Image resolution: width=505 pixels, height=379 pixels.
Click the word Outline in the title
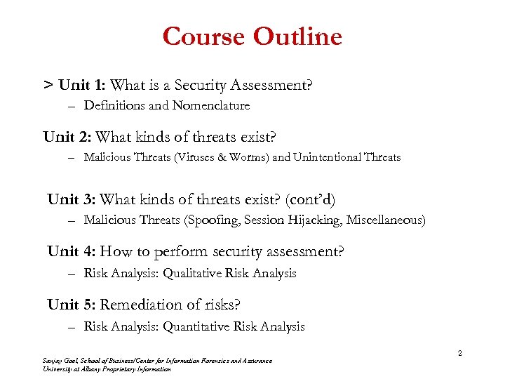(297, 36)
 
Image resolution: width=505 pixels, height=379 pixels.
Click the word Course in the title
(204, 36)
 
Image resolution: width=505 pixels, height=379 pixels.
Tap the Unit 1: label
(83, 86)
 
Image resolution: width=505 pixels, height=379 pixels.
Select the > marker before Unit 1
(48, 86)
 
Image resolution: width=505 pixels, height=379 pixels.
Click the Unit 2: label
(67, 137)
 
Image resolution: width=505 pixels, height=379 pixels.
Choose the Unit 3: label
(72, 199)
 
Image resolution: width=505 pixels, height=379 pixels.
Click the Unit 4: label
(72, 251)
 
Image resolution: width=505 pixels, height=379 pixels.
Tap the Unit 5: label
(72, 305)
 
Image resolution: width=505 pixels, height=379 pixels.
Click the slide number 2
(459, 353)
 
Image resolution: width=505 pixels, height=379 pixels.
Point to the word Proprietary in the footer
(115, 369)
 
